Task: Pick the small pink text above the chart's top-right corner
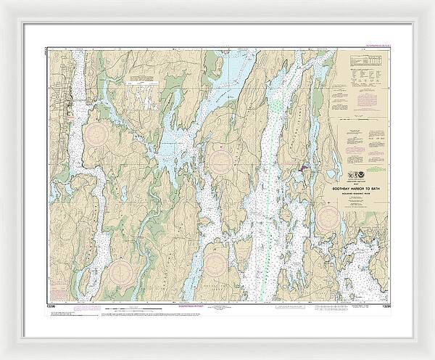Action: pos(371,44)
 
